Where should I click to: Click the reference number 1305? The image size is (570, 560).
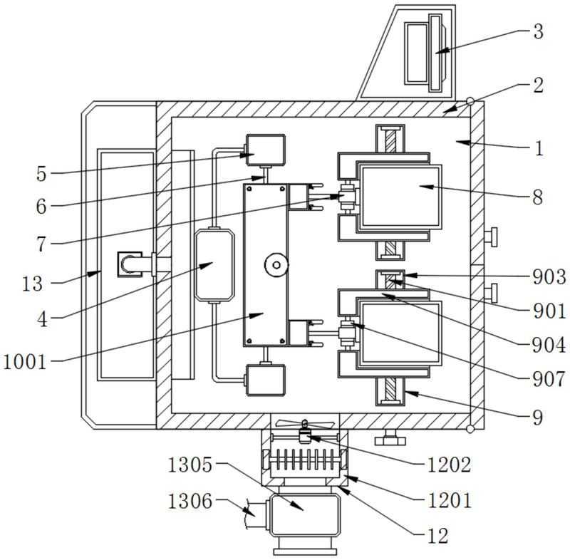coord(190,465)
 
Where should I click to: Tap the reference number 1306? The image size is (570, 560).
coord(190,502)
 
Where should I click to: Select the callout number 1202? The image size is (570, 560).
coord(449,465)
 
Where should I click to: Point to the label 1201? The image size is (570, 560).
coord(449,501)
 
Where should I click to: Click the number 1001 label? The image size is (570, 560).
coord(25,363)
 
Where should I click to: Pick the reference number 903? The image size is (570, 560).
coord(549,277)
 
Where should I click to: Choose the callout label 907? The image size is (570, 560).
coord(549,379)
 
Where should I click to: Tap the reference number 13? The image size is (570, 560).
coord(32,284)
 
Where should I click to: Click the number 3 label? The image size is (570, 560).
coord(539,31)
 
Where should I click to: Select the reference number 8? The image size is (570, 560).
coord(538,197)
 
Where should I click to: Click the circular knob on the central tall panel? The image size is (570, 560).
coord(276,265)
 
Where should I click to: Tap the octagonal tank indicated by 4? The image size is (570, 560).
coord(214,265)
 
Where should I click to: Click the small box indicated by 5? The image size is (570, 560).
coord(266,150)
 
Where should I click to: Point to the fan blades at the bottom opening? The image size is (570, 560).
coord(305,423)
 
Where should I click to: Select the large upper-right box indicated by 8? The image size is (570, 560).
coord(400,197)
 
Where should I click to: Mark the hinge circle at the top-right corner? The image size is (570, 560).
coord(470,101)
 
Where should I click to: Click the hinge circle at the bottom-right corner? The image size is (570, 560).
coord(470,429)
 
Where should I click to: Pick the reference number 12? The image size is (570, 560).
coord(437,536)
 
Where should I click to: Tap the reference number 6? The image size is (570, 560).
coord(41,207)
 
